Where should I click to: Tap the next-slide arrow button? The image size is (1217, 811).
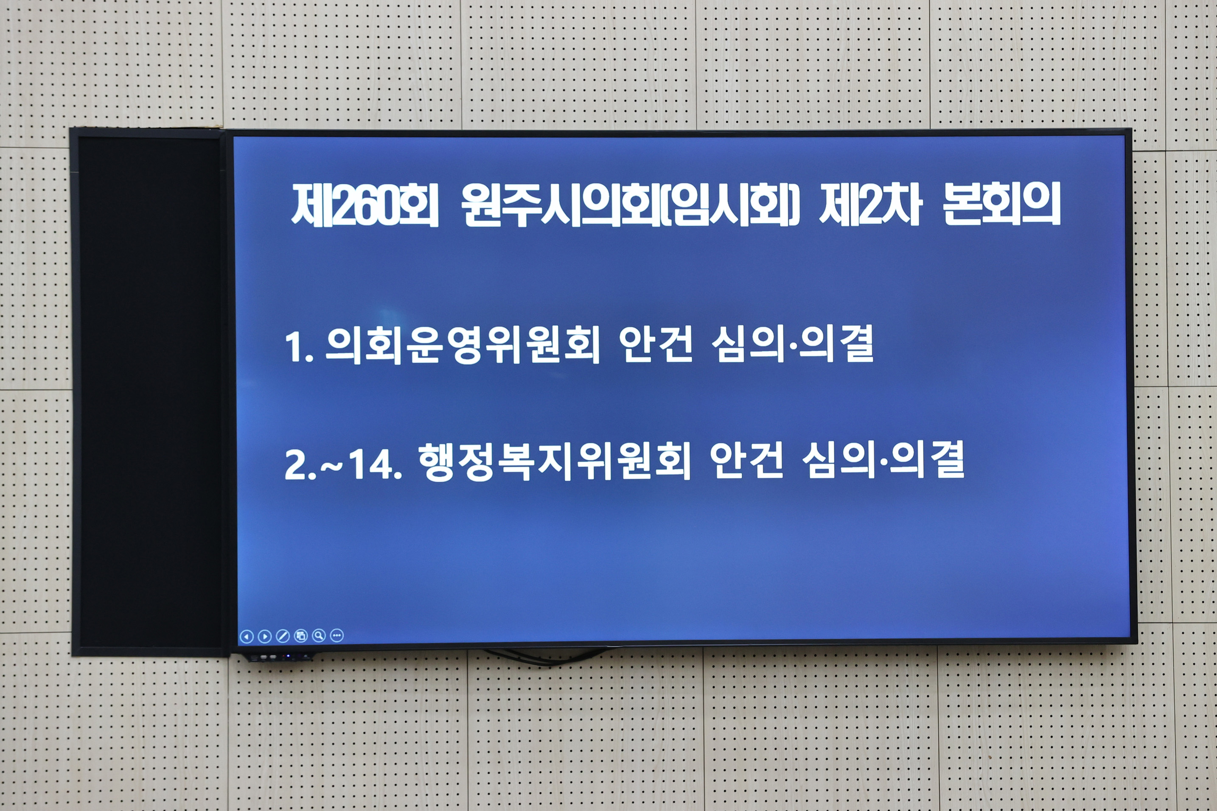click(x=265, y=636)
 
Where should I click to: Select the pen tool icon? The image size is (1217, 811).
click(x=283, y=636)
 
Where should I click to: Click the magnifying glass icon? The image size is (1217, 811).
click(x=319, y=635)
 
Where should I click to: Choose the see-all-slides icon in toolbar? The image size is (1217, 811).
click(x=300, y=636)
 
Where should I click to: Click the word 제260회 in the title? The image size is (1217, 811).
click(x=365, y=205)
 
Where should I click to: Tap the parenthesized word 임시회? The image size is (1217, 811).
click(x=729, y=205)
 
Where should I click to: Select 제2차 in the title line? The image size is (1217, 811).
click(x=870, y=205)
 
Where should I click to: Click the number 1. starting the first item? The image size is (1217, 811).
click(x=299, y=347)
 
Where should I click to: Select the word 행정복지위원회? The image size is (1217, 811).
click(x=554, y=461)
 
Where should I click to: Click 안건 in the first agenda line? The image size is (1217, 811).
click(x=656, y=344)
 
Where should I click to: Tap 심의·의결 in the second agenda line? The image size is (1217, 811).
click(x=883, y=460)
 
